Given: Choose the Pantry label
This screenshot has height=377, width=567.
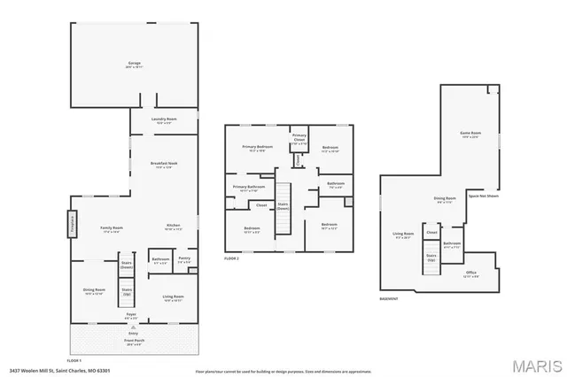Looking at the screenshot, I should coord(184,261).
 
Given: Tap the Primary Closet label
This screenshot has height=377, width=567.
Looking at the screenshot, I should coord(299,139).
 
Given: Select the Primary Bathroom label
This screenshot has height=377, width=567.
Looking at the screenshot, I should coord(249,188).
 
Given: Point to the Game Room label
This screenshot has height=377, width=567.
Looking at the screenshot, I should coord(469,135).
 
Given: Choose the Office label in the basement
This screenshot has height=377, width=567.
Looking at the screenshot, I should coord(471,274).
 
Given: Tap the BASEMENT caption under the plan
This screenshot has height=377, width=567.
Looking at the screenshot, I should coord(388,298).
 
